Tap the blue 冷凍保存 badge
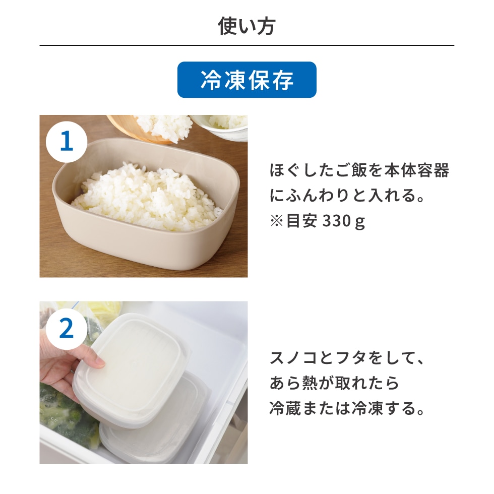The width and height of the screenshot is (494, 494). (246, 80)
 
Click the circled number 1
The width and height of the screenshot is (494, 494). (67, 142)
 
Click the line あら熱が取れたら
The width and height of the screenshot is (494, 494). (334, 384)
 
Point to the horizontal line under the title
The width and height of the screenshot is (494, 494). (246, 46)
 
